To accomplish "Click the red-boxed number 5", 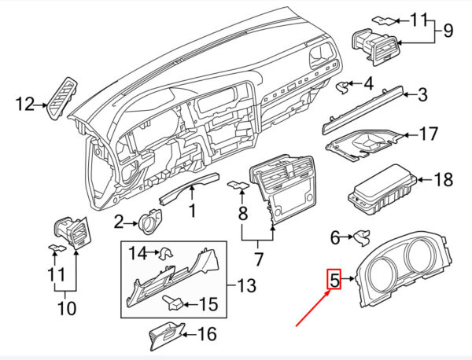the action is click(x=334, y=279).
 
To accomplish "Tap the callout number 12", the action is click(x=25, y=105).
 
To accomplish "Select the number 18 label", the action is click(x=443, y=179).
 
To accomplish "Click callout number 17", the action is click(x=428, y=134).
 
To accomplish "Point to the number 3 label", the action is click(x=422, y=94).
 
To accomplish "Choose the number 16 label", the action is click(x=207, y=334).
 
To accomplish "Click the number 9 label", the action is click(x=448, y=31).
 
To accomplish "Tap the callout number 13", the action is click(x=246, y=285).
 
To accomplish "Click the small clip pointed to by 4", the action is click(x=344, y=87).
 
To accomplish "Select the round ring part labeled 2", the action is click(x=150, y=221).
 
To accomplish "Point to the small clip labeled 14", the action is click(x=166, y=254).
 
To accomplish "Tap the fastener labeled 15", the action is click(x=173, y=303).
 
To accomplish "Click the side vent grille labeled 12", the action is click(x=62, y=98).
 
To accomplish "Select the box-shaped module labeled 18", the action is click(x=382, y=189).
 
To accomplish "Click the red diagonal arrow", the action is click(x=312, y=308).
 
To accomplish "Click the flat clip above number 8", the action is click(x=238, y=185).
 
